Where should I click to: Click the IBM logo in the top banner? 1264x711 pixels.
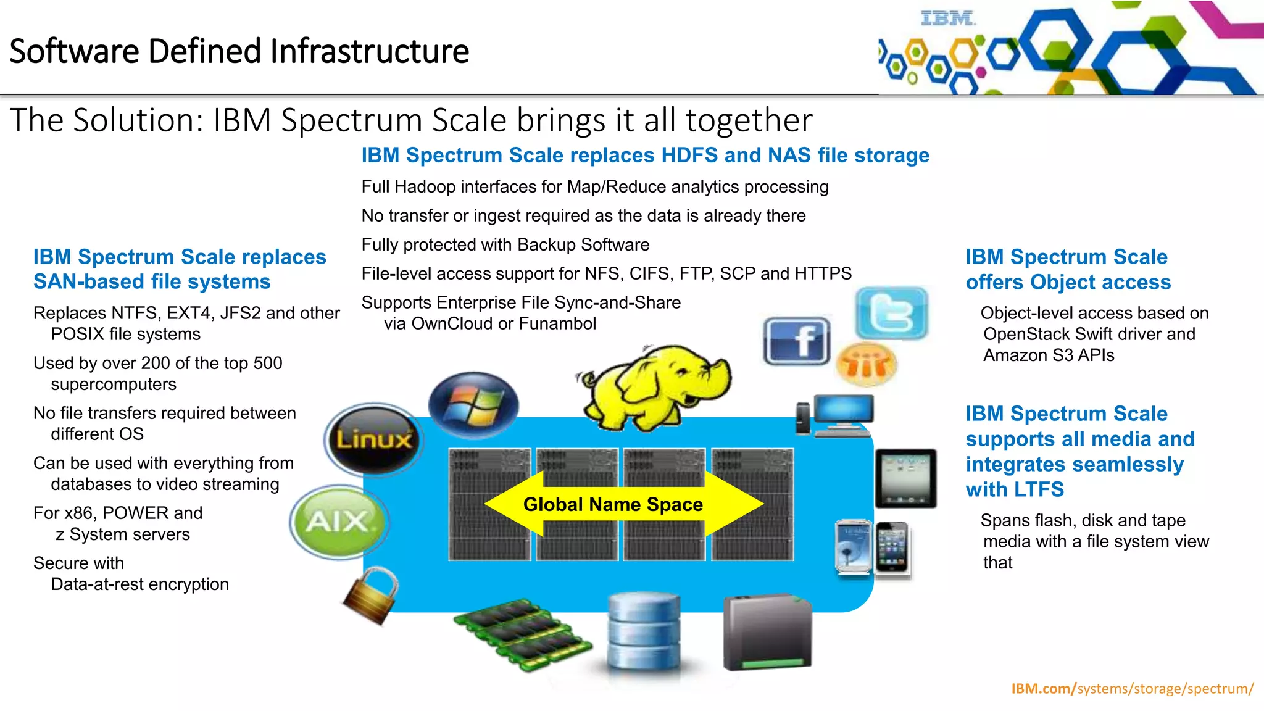pyautogui.click(x=947, y=19)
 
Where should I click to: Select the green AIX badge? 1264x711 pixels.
pyautogui.click(x=338, y=522)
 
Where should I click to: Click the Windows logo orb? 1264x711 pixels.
pyautogui.click(x=473, y=405)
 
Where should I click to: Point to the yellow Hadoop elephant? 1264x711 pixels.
pyautogui.click(x=654, y=386)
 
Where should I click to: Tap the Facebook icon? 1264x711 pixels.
pyautogui.click(x=797, y=341)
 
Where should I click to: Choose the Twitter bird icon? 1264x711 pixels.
pyautogui.click(x=892, y=313)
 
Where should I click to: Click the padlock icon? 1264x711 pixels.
pyautogui.click(x=372, y=595)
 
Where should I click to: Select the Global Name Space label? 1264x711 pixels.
pyautogui.click(x=613, y=504)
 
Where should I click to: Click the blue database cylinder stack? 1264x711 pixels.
pyautogui.click(x=644, y=631)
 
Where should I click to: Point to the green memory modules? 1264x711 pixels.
pyautogui.click(x=522, y=633)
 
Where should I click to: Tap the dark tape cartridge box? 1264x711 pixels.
pyautogui.click(x=767, y=633)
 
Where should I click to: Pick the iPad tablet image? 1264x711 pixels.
pyautogui.click(x=905, y=478)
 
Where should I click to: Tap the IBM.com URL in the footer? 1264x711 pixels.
pyautogui.click(x=1132, y=688)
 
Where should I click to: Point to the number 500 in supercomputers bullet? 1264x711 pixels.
pyautogui.click(x=267, y=363)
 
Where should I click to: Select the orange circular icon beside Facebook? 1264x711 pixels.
pyautogui.click(x=866, y=364)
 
